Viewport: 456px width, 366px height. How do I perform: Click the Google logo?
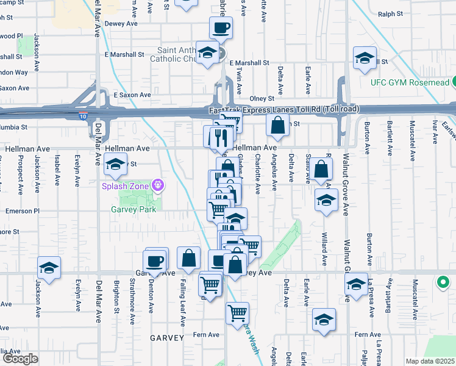pyautogui.click(x=20, y=359)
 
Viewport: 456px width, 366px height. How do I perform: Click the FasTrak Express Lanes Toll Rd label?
pyautogui.click(x=284, y=109)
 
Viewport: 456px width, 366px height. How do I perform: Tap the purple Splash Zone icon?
pyautogui.click(x=157, y=184)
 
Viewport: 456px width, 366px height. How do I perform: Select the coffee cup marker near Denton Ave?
pyautogui.click(x=157, y=259)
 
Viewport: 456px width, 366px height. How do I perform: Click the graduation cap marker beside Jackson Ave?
pyautogui.click(x=49, y=267)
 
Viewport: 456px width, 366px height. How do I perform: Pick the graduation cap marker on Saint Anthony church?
pyautogui.click(x=208, y=52)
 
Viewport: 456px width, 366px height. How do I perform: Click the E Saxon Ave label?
pyautogui.click(x=132, y=95)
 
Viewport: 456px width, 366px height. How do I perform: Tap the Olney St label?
pyautogui.click(x=263, y=98)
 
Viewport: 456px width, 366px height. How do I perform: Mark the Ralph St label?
pyautogui.click(x=391, y=14)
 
